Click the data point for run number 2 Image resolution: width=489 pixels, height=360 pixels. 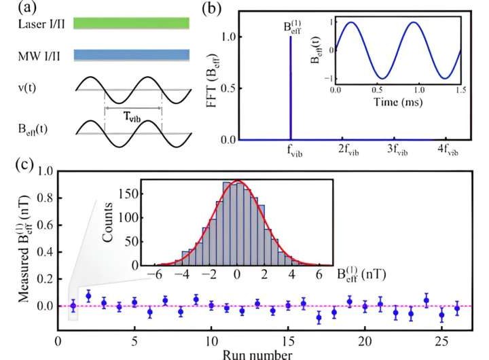pos(88,295)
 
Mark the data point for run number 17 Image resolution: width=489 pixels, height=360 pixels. pos(319,317)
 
